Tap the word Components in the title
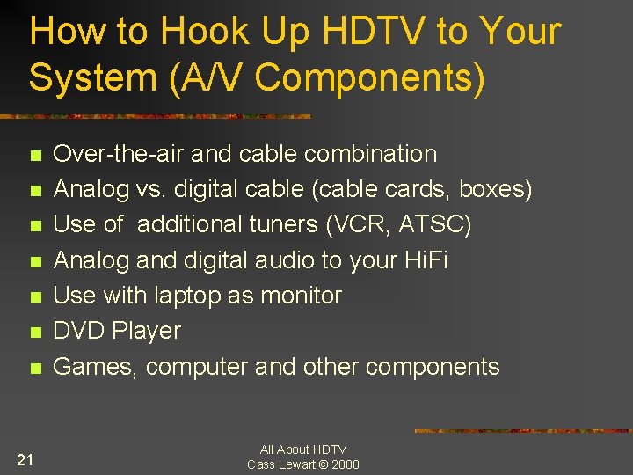coord(369,77)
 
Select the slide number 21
coord(25,458)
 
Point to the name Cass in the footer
coord(262,464)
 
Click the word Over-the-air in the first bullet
coord(119,154)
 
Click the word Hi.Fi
coord(425,260)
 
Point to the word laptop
coord(187,296)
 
